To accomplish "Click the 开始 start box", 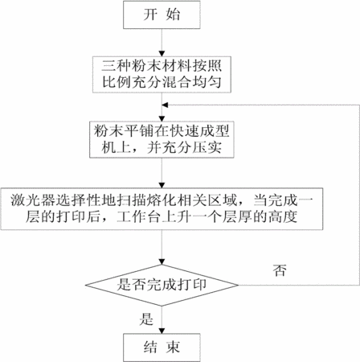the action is [x=162, y=14].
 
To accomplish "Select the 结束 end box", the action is [x=162, y=348].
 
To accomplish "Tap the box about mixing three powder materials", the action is [x=162, y=75].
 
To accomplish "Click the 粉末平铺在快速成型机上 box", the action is [x=162, y=140].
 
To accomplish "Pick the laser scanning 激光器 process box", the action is [x=162, y=209].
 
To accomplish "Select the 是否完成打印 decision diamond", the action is [x=162, y=285].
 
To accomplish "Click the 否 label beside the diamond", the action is [x=280, y=270].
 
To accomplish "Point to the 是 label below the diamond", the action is [x=146, y=319].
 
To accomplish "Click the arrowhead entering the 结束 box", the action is [x=162, y=331].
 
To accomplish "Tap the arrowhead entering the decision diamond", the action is [x=162, y=262].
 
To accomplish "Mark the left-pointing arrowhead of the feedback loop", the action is [x=165, y=105].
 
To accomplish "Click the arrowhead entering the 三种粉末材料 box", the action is [x=162, y=54].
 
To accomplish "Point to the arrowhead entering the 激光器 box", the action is [x=162, y=185].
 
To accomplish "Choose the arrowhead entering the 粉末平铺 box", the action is [x=162, y=119].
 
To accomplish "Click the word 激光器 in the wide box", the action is [x=33, y=200].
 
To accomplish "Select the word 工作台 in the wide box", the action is [x=140, y=217].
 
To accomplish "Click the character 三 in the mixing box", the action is [x=108, y=66].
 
